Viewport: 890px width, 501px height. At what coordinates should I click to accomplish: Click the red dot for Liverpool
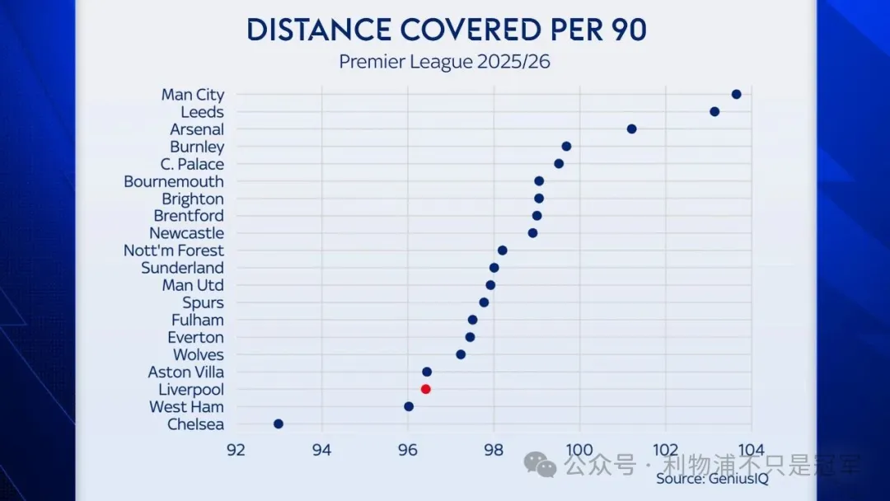(x=425, y=389)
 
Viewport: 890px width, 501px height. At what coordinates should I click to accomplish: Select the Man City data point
(x=736, y=95)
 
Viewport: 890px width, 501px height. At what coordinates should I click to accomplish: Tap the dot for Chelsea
(x=279, y=424)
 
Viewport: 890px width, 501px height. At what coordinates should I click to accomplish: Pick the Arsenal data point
(x=631, y=129)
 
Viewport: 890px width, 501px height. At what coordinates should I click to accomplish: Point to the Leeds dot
(x=714, y=112)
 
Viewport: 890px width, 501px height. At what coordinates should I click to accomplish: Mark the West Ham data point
(x=409, y=406)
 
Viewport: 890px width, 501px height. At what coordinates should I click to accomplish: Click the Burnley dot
(x=566, y=147)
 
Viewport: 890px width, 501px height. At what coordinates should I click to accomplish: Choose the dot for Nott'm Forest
(x=502, y=250)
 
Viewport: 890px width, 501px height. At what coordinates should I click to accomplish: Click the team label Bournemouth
(x=174, y=181)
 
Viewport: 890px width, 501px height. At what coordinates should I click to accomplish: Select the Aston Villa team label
(x=185, y=372)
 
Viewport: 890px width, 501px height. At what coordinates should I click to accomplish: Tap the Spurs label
(x=203, y=303)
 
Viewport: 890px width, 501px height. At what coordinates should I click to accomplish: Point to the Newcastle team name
(x=186, y=233)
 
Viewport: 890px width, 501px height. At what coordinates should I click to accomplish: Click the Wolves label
(x=198, y=355)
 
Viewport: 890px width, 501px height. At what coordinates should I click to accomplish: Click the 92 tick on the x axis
(x=236, y=450)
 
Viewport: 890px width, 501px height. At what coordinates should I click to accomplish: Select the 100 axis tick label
(x=579, y=450)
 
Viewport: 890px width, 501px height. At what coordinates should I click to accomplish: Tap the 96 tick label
(x=408, y=450)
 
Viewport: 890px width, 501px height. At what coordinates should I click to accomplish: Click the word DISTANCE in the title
(x=316, y=30)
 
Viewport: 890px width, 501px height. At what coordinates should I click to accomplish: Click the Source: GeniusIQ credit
(x=712, y=479)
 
